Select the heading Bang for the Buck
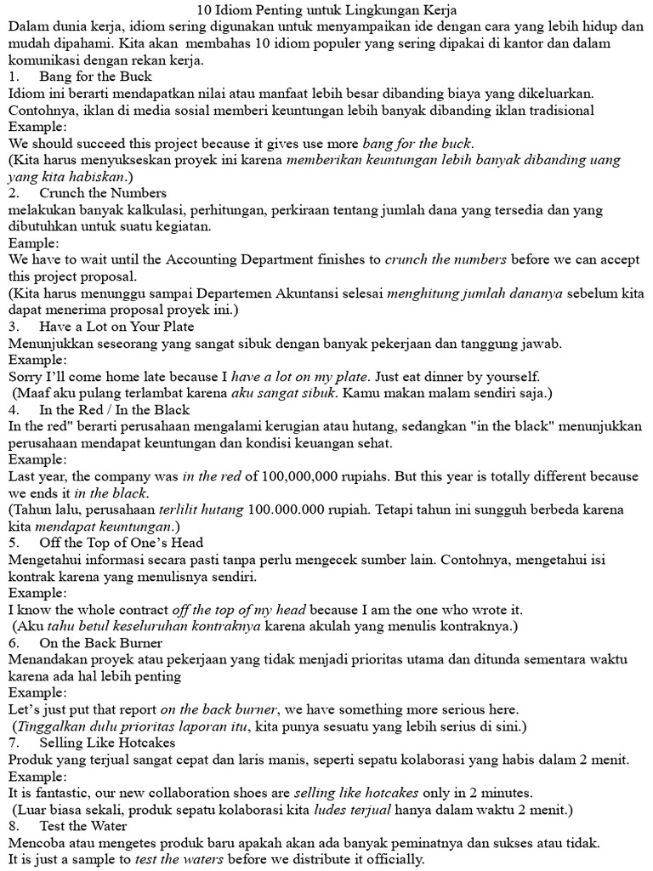(95, 77)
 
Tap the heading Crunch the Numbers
(103, 193)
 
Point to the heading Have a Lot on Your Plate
(116, 327)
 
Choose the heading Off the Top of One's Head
(122, 543)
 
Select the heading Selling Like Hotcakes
(107, 742)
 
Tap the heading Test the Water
(83, 825)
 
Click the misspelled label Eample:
(31, 243)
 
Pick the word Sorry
(27, 376)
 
